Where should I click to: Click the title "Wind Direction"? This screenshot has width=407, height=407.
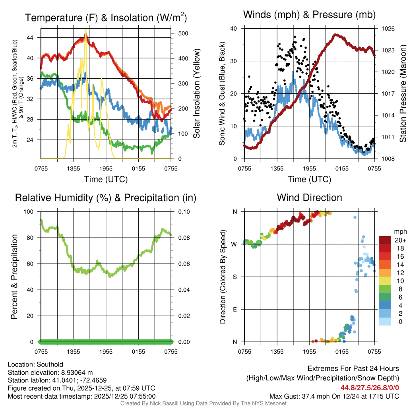[x=309, y=198]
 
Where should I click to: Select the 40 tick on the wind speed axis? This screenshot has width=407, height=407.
[x=234, y=29]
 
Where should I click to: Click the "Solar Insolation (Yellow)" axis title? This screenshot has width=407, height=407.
[x=197, y=94]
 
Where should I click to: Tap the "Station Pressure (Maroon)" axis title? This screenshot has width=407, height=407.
[x=402, y=94]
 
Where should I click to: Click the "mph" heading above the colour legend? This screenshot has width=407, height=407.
[x=399, y=231]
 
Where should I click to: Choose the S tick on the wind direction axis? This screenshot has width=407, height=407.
[x=235, y=277]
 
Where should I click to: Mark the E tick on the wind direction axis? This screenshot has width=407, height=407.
[x=235, y=309]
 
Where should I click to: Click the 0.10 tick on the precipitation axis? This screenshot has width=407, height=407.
[x=183, y=211]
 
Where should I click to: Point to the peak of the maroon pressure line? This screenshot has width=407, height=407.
[x=336, y=35]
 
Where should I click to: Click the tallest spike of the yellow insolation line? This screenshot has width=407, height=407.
[x=85, y=30]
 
